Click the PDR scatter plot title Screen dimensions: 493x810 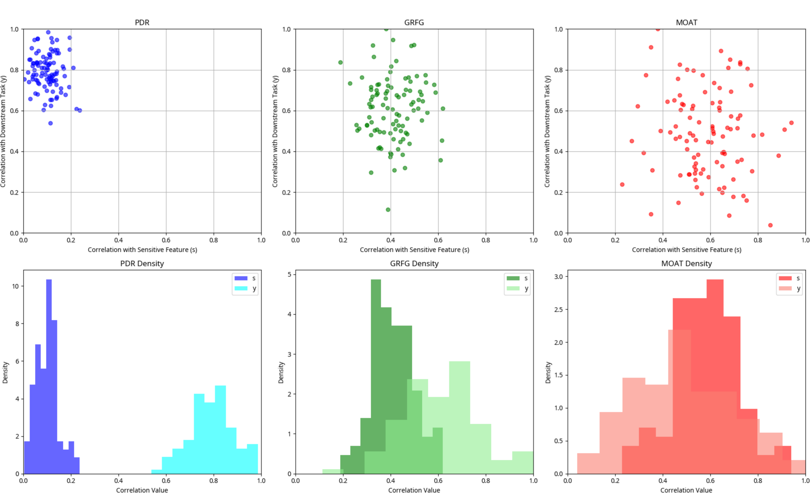(142, 22)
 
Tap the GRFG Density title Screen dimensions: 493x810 (414, 263)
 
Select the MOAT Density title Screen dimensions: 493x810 (686, 263)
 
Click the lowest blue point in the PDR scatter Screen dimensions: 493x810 (51, 123)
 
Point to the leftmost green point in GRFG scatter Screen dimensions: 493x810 (340, 62)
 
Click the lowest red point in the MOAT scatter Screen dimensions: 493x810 (770, 225)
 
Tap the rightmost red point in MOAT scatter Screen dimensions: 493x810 (791, 123)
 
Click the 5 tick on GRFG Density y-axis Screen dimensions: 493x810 (289, 274)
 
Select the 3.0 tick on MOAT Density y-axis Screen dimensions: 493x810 (559, 276)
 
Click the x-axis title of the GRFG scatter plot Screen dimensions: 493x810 (414, 250)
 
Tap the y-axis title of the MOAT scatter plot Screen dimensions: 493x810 (547, 132)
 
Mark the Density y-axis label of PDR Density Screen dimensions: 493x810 (5, 372)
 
